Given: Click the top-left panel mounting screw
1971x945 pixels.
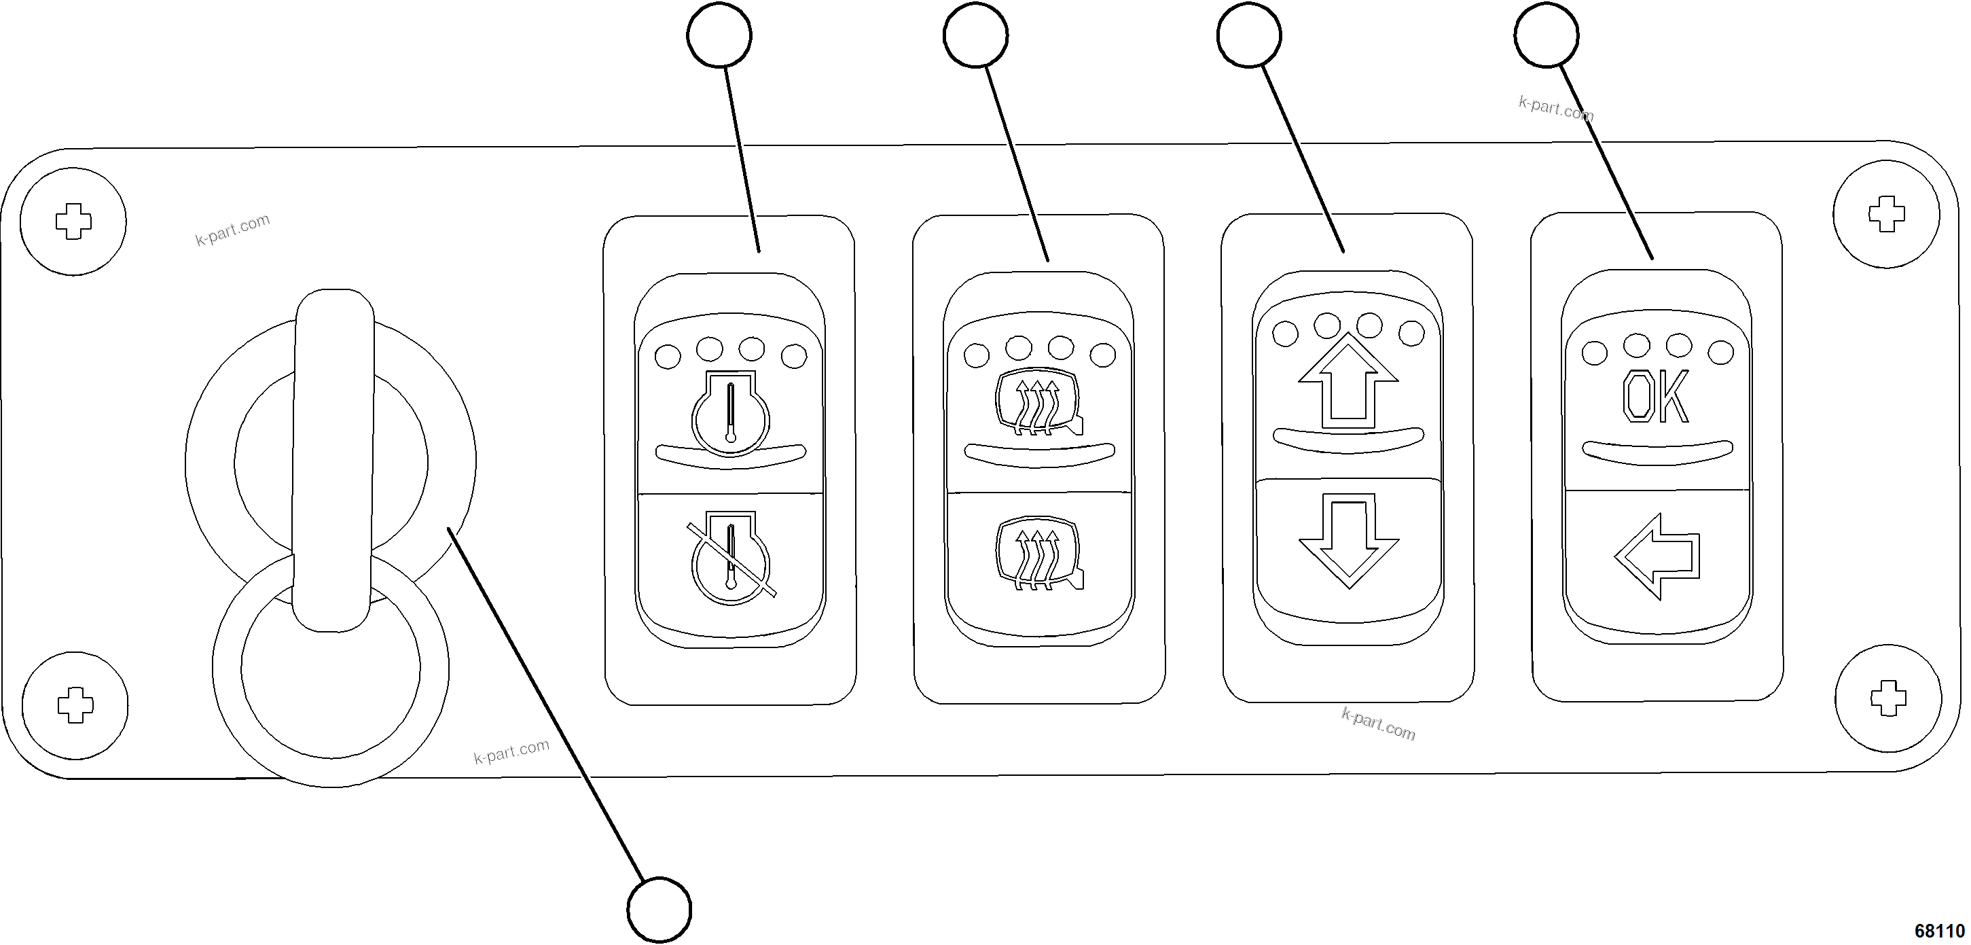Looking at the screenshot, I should (73, 222).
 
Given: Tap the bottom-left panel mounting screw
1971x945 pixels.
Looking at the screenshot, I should (75, 705).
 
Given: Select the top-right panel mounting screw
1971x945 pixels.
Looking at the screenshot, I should (1887, 214).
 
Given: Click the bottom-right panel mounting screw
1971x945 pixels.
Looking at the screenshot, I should (1887, 698).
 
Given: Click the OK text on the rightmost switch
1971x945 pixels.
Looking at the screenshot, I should (1655, 397).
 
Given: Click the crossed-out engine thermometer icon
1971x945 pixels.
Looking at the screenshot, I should (731, 558).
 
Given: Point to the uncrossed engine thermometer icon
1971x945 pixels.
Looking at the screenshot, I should (731, 414).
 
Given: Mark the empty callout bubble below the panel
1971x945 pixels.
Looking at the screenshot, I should (659, 910).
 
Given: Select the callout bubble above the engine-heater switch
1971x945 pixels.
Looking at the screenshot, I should (719, 35).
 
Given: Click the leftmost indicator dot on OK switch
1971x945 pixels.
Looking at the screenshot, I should (1595, 353).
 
